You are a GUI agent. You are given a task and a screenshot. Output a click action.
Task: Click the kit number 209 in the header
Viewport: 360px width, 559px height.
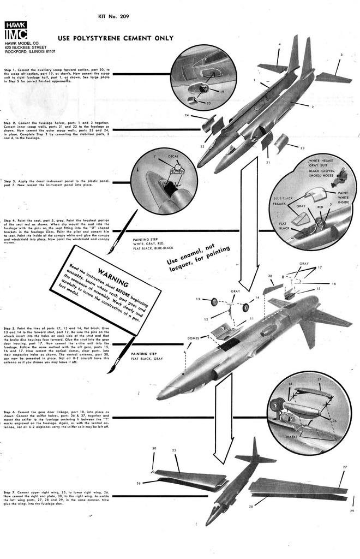(113, 16)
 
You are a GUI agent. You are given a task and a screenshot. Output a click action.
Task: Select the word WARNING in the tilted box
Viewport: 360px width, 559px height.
(113, 277)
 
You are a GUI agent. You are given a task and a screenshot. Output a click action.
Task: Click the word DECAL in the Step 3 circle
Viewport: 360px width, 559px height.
(173, 157)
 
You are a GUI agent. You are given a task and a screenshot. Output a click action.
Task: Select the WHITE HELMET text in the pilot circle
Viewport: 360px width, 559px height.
(321, 162)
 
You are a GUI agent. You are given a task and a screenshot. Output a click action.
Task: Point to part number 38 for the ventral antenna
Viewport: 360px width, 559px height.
(270, 277)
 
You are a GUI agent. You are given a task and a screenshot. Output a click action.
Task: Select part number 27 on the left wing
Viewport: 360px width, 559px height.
(345, 468)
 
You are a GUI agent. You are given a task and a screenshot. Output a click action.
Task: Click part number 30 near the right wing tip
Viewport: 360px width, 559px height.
(154, 449)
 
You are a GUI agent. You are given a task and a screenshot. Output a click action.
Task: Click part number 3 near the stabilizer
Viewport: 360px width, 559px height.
(341, 55)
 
